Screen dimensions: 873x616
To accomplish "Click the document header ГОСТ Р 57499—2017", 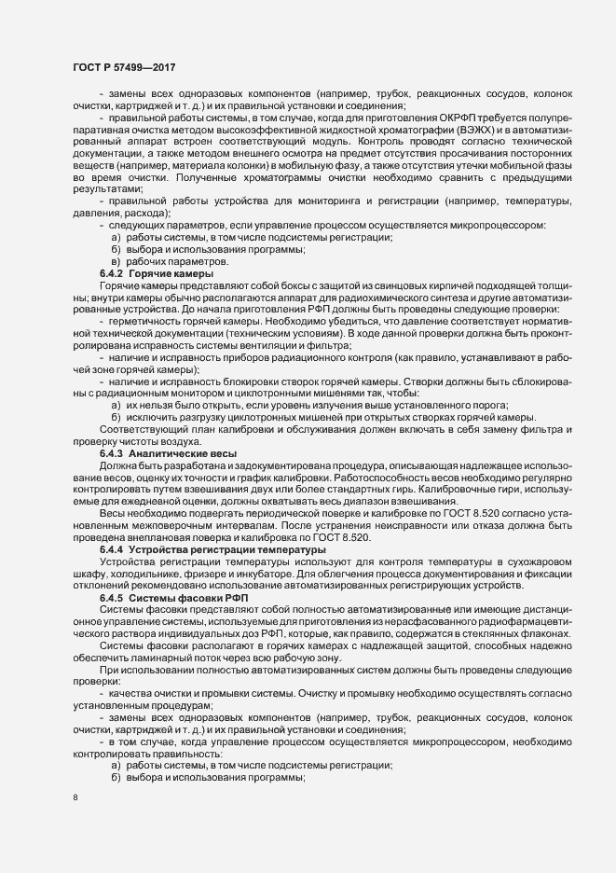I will coord(123,66).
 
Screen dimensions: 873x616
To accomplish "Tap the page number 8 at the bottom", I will coord(75,799).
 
